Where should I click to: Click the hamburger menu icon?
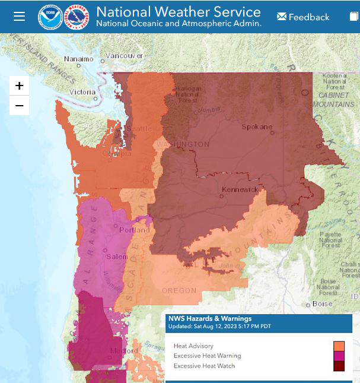(19, 16)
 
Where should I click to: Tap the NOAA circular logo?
(49, 17)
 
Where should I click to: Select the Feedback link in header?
(303, 17)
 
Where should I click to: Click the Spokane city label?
(257, 126)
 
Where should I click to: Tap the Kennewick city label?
(240, 189)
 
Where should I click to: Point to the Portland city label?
(135, 230)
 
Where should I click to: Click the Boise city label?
(322, 303)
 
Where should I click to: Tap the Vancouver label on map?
(124, 56)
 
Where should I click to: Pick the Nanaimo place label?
(79, 59)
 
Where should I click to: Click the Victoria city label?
(82, 92)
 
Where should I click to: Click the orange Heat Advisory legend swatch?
(339, 346)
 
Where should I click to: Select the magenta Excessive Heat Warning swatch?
(339, 356)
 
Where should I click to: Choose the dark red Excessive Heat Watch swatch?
(339, 366)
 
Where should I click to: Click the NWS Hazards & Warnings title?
(210, 319)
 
